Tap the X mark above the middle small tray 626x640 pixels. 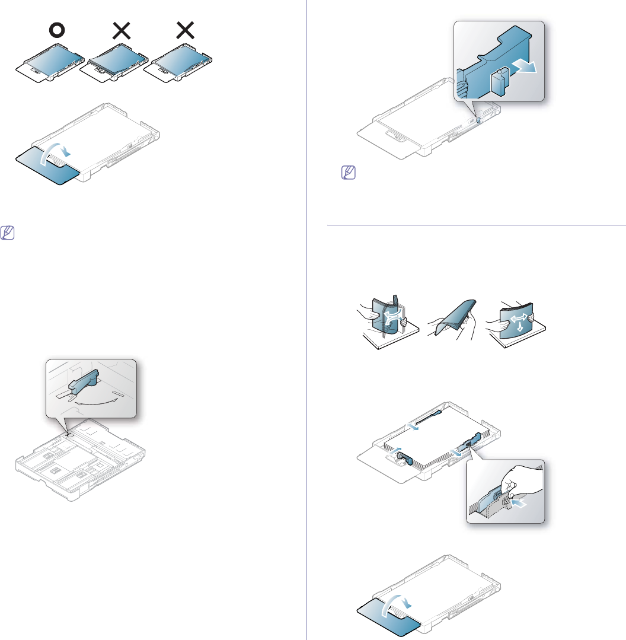tap(122, 31)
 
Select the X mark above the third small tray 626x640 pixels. tap(186, 31)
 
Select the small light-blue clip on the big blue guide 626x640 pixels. tap(496, 82)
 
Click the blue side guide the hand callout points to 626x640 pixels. tap(473, 441)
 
